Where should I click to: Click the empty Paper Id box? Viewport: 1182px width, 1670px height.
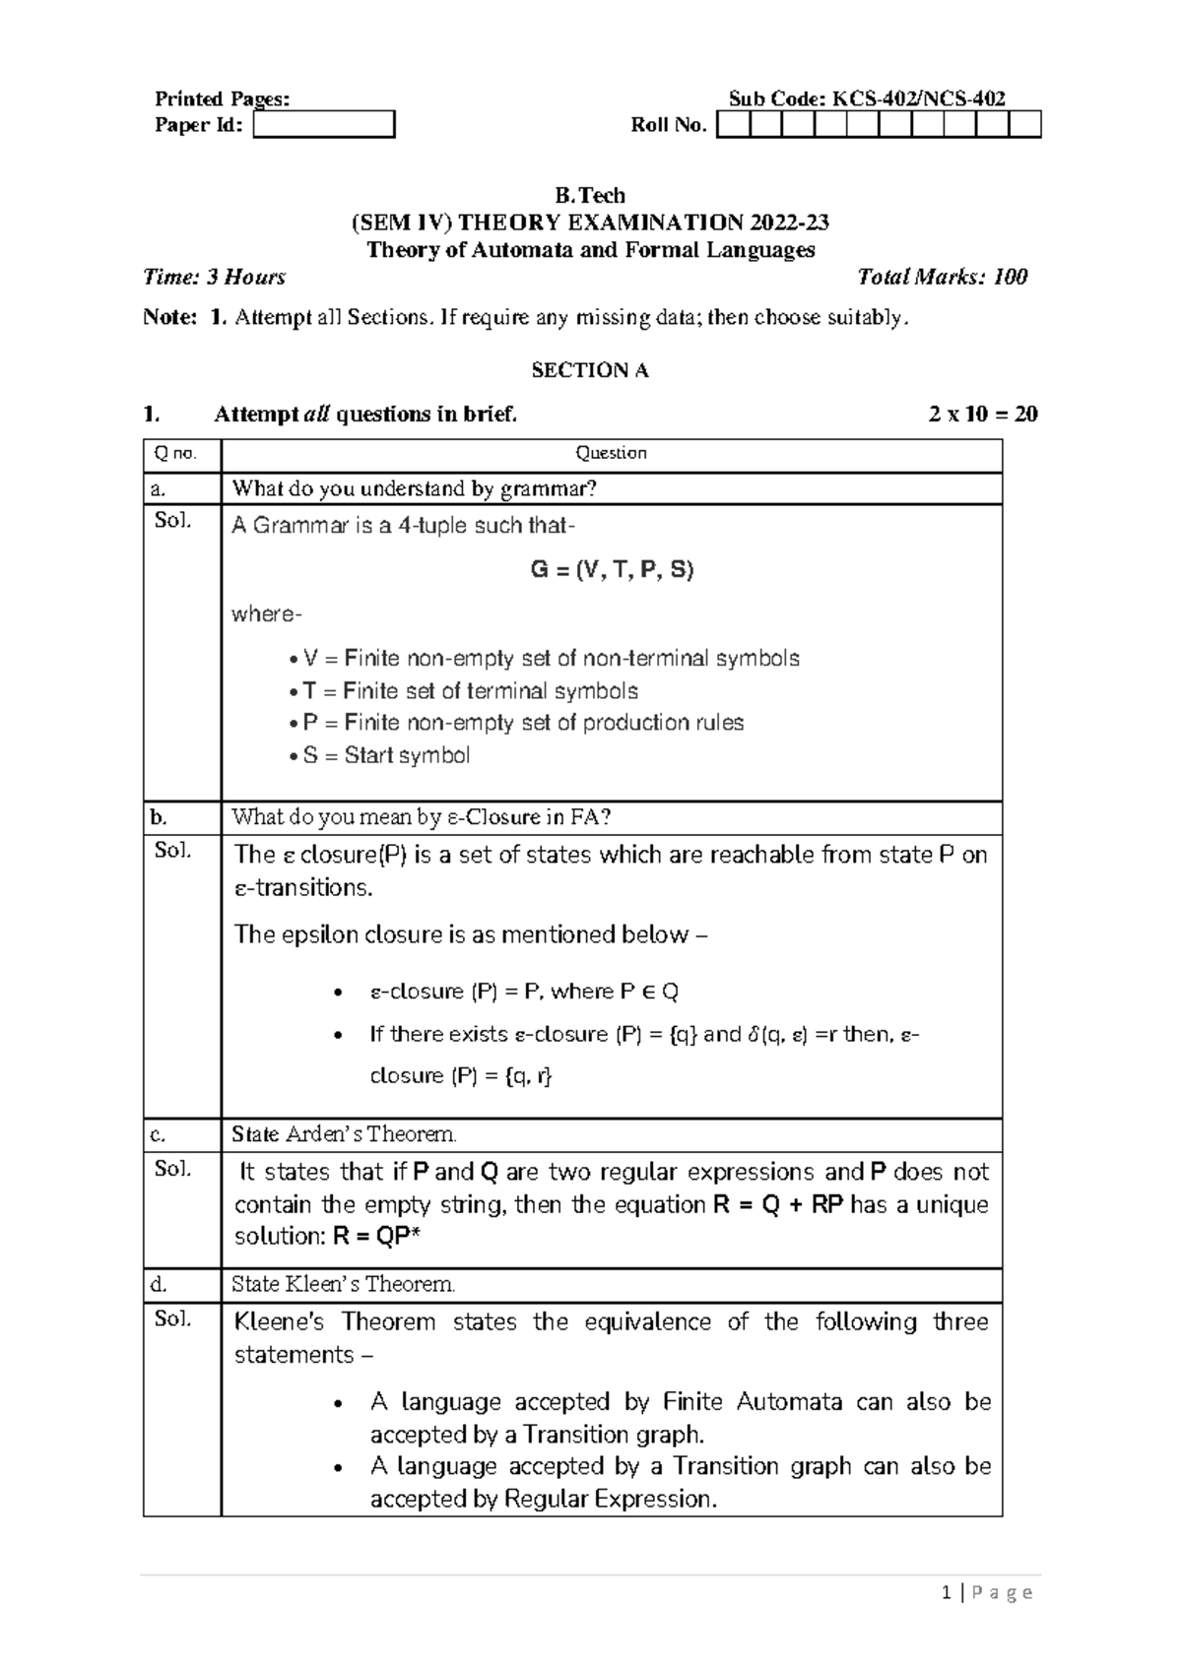pyautogui.click(x=324, y=125)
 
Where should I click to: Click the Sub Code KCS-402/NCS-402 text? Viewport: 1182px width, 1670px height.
pyautogui.click(x=867, y=98)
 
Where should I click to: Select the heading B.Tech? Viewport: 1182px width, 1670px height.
pyautogui.click(x=590, y=195)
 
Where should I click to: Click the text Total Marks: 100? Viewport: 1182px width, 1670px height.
pyautogui.click(x=942, y=277)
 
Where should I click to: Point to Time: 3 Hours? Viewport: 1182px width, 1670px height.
pyautogui.click(x=215, y=277)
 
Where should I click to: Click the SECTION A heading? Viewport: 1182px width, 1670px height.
pyautogui.click(x=590, y=370)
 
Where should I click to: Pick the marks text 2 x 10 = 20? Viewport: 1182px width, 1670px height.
pyautogui.click(x=982, y=414)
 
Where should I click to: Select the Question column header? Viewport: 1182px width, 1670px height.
pyautogui.click(x=611, y=453)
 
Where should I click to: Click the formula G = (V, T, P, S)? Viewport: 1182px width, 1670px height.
pyautogui.click(x=612, y=569)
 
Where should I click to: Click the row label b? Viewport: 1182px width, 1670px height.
pyautogui.click(x=160, y=817)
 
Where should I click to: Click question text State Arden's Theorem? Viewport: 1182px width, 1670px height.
pyautogui.click(x=344, y=1134)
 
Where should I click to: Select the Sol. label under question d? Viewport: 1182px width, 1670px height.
pyautogui.click(x=172, y=1318)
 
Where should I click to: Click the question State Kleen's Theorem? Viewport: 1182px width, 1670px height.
pyautogui.click(x=343, y=1284)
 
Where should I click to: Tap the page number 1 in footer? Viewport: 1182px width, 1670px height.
pyautogui.click(x=947, y=1593)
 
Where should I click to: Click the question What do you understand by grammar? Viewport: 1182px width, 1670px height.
pyautogui.click(x=415, y=488)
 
